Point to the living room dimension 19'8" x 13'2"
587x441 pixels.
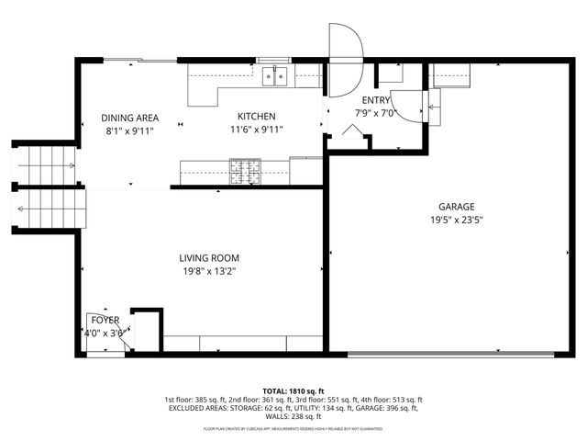click(x=209, y=272)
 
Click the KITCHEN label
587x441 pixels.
click(x=257, y=117)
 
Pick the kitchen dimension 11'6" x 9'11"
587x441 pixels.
click(x=257, y=130)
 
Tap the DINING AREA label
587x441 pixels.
click(x=130, y=118)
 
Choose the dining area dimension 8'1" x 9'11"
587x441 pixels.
click(x=130, y=131)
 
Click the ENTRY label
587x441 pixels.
click(x=376, y=101)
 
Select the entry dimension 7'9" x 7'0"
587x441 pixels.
click(x=374, y=114)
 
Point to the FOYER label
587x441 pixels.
click(x=104, y=320)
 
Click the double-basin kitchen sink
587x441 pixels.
click(x=275, y=76)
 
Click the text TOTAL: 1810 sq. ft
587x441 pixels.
click(x=293, y=390)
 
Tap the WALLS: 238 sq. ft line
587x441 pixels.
click(x=293, y=418)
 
